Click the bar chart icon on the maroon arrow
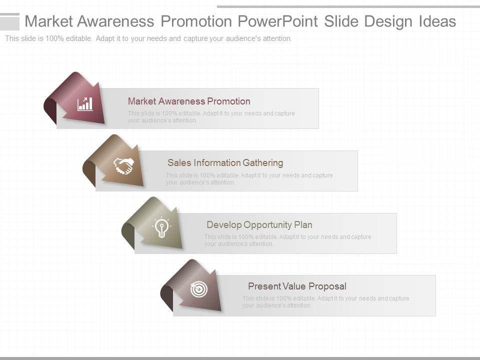(85, 104)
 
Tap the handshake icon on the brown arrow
(123, 166)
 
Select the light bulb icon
(161, 227)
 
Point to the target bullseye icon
(198, 289)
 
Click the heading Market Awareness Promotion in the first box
(189, 101)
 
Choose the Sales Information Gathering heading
(225, 163)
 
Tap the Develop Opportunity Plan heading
(259, 225)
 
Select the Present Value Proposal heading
(297, 286)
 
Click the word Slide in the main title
(341, 21)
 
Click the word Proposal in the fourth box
(327, 286)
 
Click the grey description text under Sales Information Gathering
(249, 179)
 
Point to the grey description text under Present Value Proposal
(325, 302)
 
